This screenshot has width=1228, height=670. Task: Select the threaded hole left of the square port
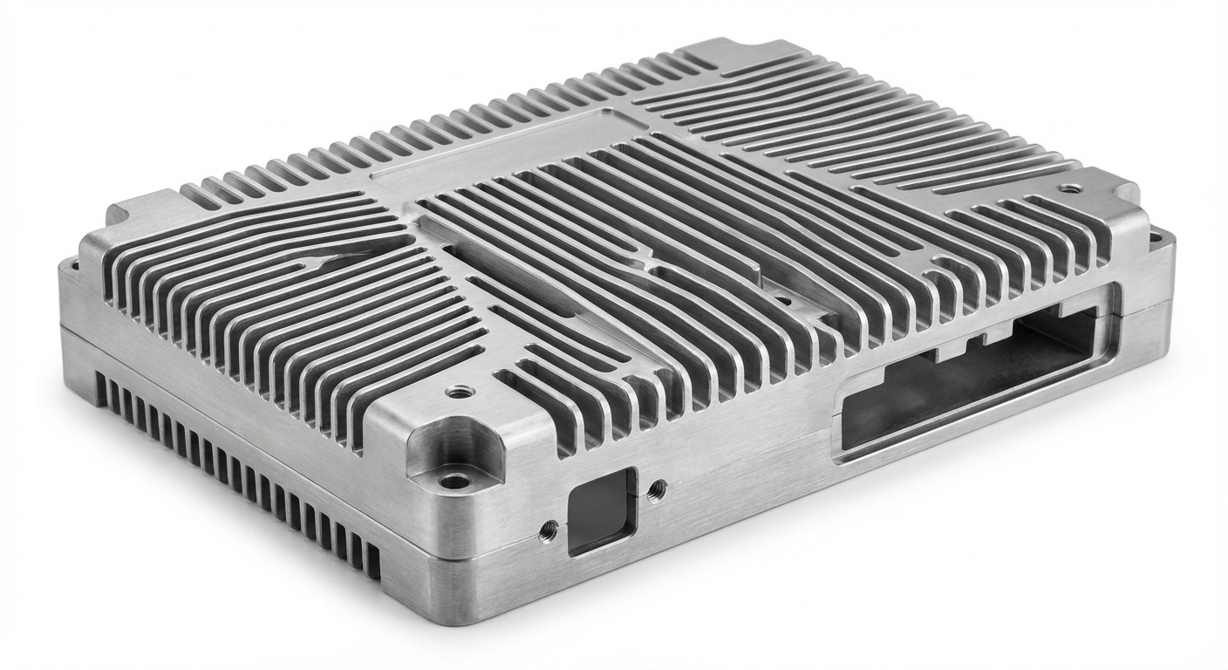549,527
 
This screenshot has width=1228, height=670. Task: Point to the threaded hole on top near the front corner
454,393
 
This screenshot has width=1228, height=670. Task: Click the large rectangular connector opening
968,375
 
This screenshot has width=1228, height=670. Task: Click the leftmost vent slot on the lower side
99,392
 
